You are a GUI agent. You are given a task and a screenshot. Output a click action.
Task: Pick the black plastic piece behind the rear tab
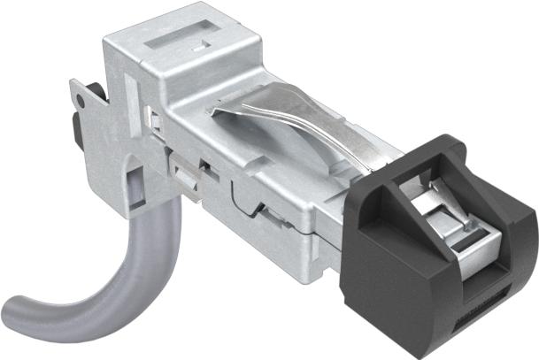(74, 133)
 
